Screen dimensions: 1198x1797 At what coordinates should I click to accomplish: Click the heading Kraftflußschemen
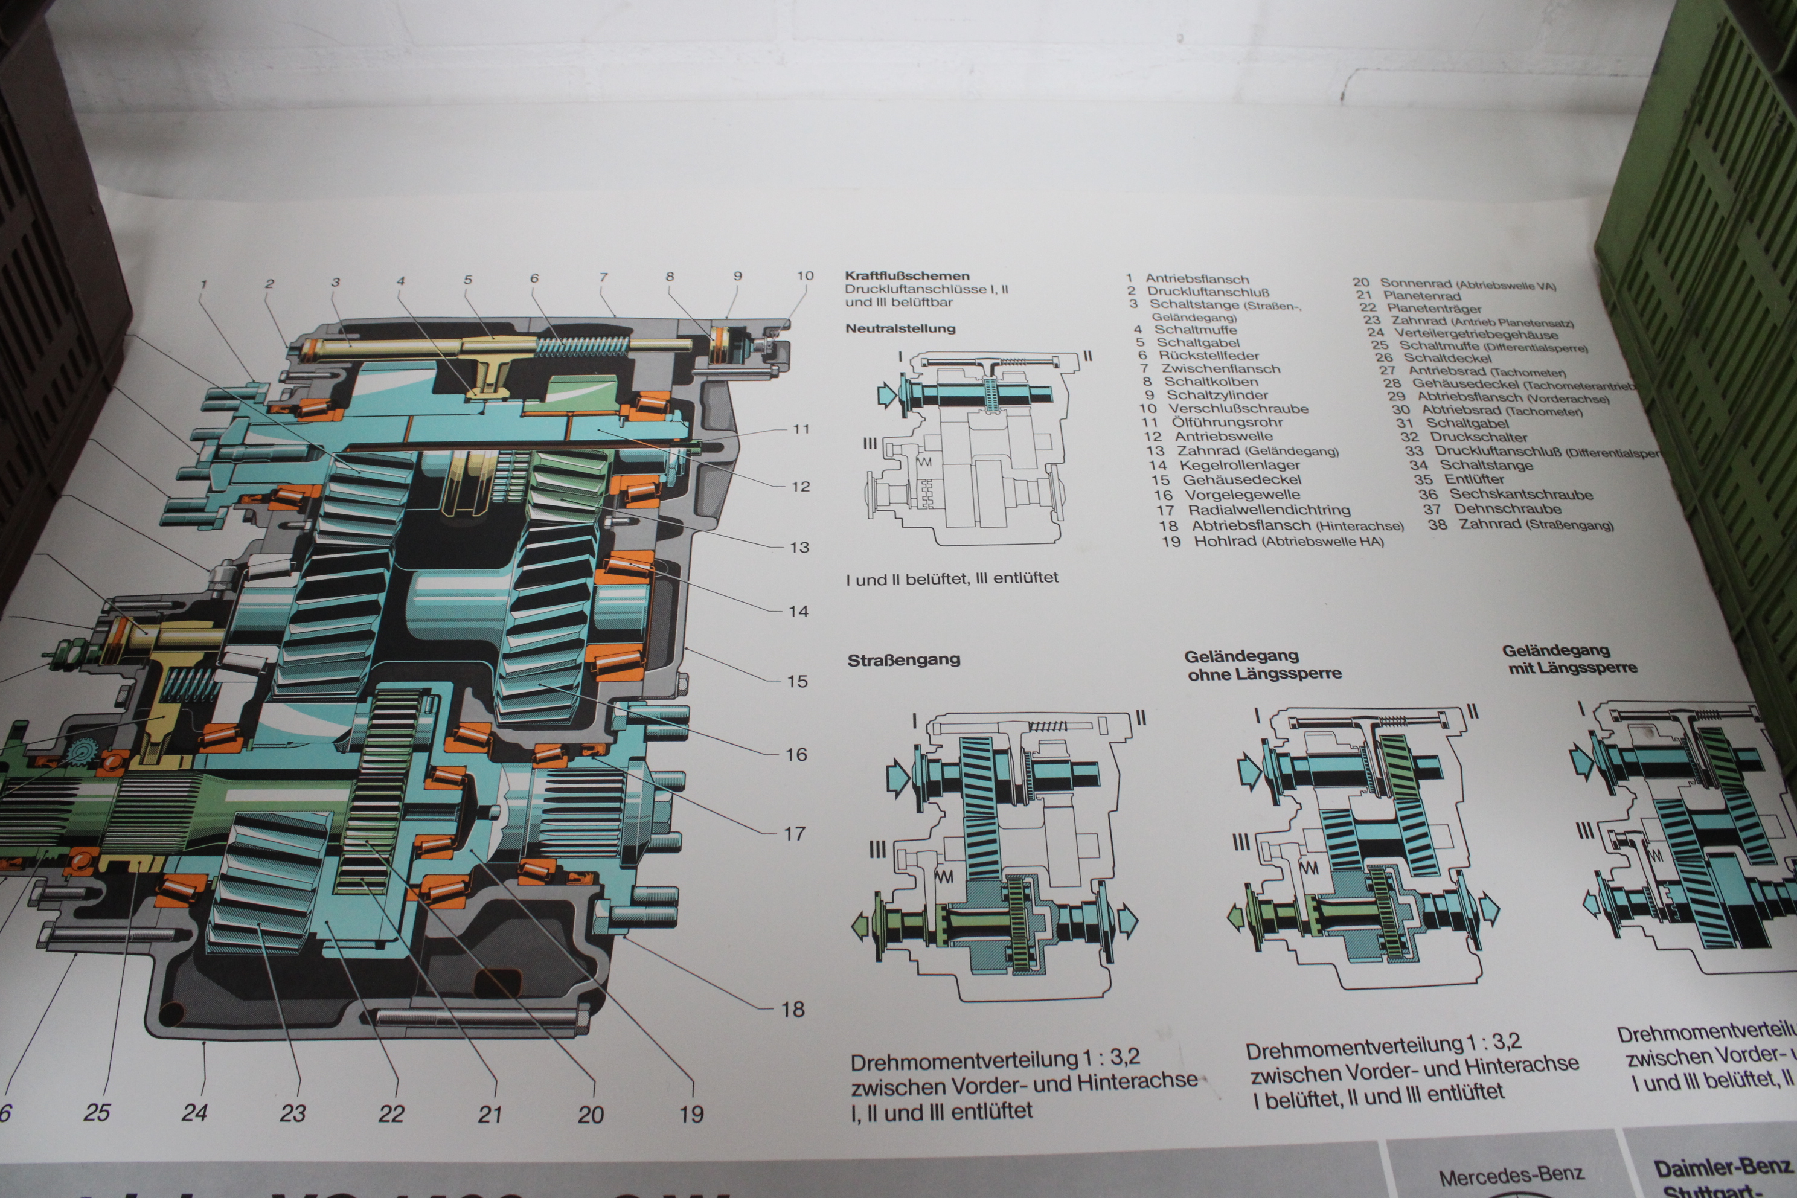(x=907, y=276)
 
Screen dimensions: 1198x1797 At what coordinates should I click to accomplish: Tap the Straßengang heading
(x=903, y=660)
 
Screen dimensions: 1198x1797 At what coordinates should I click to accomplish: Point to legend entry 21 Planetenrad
(x=1408, y=296)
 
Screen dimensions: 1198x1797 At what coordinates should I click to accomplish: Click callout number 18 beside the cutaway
(x=792, y=1009)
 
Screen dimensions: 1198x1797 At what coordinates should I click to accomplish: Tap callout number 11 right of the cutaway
(x=801, y=429)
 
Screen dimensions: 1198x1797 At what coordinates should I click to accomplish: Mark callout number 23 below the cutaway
(x=293, y=1113)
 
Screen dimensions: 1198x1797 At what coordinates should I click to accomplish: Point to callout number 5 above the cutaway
(x=467, y=280)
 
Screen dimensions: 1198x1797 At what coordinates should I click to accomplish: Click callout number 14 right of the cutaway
(x=798, y=611)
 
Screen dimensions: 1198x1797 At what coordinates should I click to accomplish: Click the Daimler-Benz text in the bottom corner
(x=1722, y=1169)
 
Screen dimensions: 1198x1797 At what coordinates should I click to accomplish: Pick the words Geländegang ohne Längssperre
(x=1263, y=665)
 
